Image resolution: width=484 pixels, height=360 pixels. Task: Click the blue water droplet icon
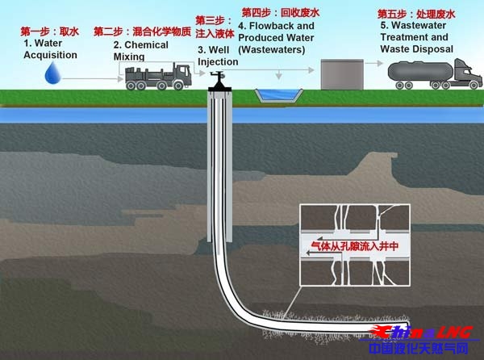[53, 73]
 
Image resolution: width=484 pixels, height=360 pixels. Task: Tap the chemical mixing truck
[159, 77]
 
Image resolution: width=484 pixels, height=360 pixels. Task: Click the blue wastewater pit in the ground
[279, 95]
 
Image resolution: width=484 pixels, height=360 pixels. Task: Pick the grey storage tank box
[342, 74]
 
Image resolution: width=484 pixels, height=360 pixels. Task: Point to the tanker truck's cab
[467, 74]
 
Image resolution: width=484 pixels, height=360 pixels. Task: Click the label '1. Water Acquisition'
[50, 48]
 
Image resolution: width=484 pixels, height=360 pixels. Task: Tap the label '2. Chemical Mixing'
[140, 51]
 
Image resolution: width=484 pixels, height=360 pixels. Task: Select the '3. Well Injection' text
[218, 56]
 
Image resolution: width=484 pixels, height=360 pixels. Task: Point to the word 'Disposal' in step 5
[436, 49]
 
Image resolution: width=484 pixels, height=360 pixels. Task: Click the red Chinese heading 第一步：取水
[50, 31]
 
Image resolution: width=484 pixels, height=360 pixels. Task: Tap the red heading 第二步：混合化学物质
[142, 31]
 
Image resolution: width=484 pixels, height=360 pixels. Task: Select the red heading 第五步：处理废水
[416, 14]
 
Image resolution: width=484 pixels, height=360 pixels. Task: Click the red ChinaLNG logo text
[421, 333]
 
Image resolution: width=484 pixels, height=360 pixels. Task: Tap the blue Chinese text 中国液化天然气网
[419, 348]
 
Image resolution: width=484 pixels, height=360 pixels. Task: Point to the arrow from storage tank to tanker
[373, 63]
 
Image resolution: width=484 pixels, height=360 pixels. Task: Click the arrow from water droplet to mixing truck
[93, 79]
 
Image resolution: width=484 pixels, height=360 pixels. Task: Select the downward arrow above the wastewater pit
[279, 75]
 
